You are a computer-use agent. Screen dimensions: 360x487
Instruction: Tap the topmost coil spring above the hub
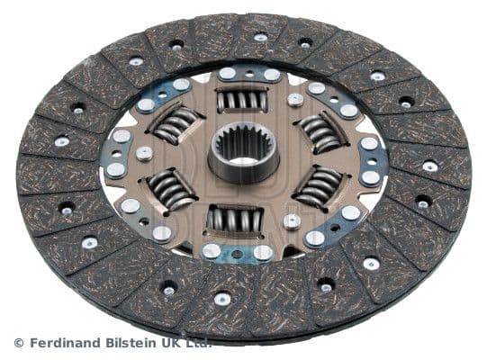241,100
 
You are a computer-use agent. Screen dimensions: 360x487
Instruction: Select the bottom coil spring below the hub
234,219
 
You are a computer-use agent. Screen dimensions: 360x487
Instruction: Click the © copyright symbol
19,343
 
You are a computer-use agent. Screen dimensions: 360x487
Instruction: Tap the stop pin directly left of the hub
144,153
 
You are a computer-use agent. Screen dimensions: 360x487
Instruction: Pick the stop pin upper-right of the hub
295,99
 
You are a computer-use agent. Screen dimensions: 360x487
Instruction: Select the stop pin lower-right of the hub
292,220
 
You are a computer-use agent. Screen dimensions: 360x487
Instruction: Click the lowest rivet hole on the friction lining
222,299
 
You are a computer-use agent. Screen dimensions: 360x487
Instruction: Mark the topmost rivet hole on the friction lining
260,37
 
